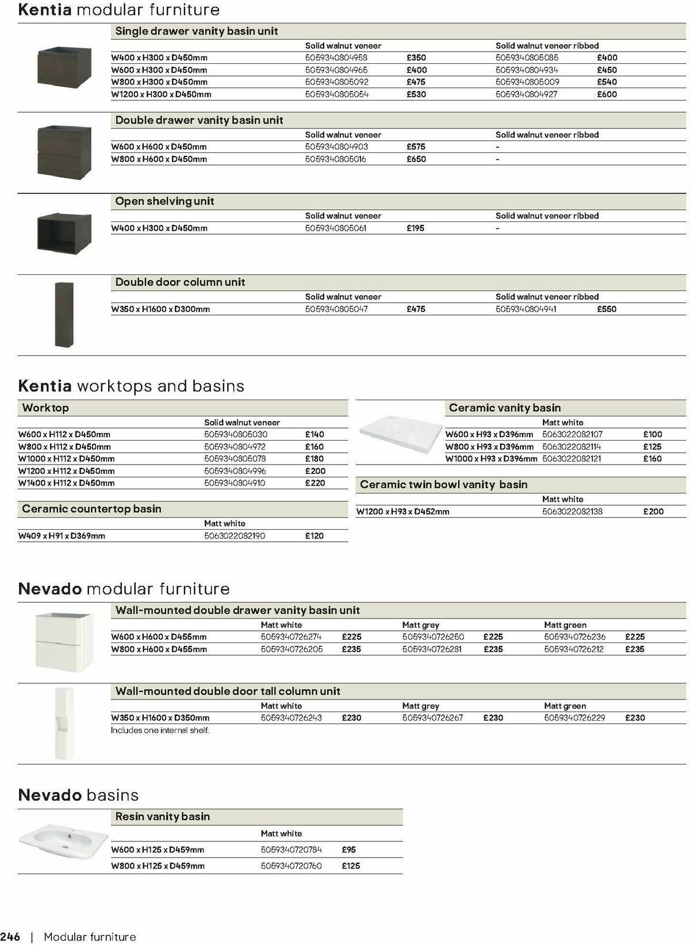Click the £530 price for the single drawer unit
[416, 94]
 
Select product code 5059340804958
[336, 58]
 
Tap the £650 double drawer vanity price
[416, 159]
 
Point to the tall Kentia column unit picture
[64, 314]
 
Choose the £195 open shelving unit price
[415, 228]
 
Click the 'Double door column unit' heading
[180, 282]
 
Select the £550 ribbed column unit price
[607, 309]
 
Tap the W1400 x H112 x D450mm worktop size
[66, 483]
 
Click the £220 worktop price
[315, 483]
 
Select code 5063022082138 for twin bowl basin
[572, 511]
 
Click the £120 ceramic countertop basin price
[315, 536]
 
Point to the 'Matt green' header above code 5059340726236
[565, 625]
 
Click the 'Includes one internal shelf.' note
[160, 730]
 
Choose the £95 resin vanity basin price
[348, 850]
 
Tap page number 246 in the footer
[10, 937]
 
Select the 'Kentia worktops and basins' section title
[131, 386]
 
